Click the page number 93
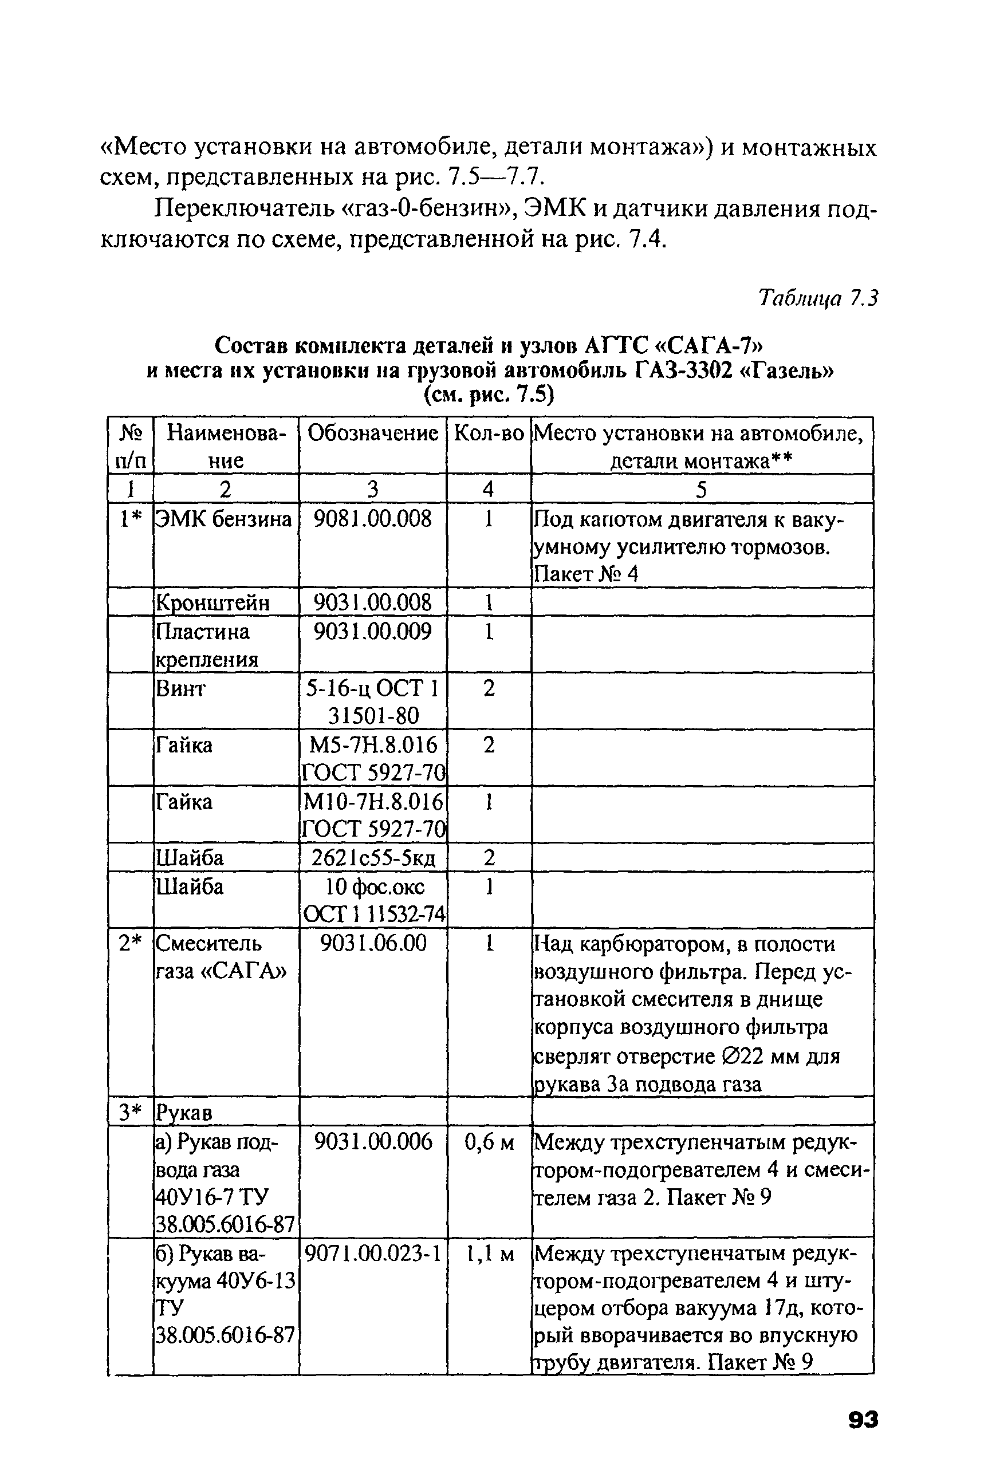pos(863,1419)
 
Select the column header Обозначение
pos(373,433)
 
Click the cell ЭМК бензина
pos(224,519)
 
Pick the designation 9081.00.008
pos(373,519)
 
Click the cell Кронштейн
pos(212,602)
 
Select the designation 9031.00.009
pos(373,631)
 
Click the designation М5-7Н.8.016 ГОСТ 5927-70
pos(373,758)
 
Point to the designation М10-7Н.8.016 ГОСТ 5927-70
pos(373,815)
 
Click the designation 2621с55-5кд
pos(373,858)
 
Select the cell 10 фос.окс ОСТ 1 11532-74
pos(373,900)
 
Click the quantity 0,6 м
pos(489,1142)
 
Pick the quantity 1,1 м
pos(489,1254)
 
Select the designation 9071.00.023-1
pos(373,1254)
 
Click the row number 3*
pos(131,1113)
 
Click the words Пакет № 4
pos(585,574)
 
